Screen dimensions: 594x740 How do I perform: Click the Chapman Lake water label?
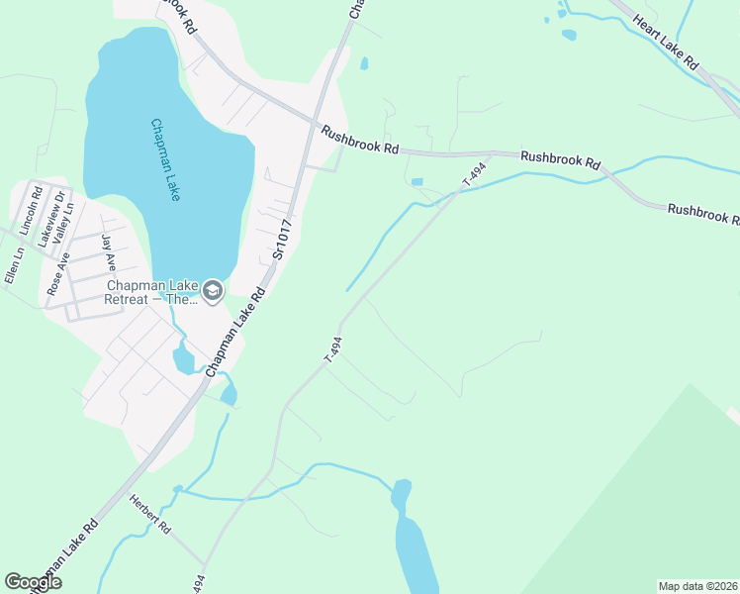(165, 160)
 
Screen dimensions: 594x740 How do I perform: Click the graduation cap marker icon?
(212, 292)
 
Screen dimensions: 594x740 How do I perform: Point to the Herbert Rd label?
(149, 516)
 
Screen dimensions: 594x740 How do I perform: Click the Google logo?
(33, 582)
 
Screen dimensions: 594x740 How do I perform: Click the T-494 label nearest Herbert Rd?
(199, 584)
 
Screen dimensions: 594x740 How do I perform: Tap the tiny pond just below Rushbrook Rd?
(416, 182)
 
